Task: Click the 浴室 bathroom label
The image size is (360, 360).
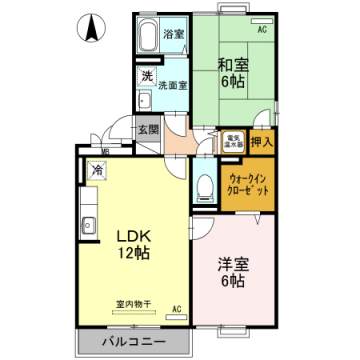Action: tap(174, 34)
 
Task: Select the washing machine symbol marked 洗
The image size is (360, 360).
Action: tap(146, 76)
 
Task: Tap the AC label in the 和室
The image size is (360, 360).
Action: tap(263, 31)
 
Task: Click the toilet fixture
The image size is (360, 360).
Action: tap(205, 185)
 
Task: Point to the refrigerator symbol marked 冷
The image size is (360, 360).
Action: tap(98, 170)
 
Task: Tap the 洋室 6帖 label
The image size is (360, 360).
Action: tap(232, 274)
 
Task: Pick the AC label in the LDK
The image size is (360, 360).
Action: tap(177, 310)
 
